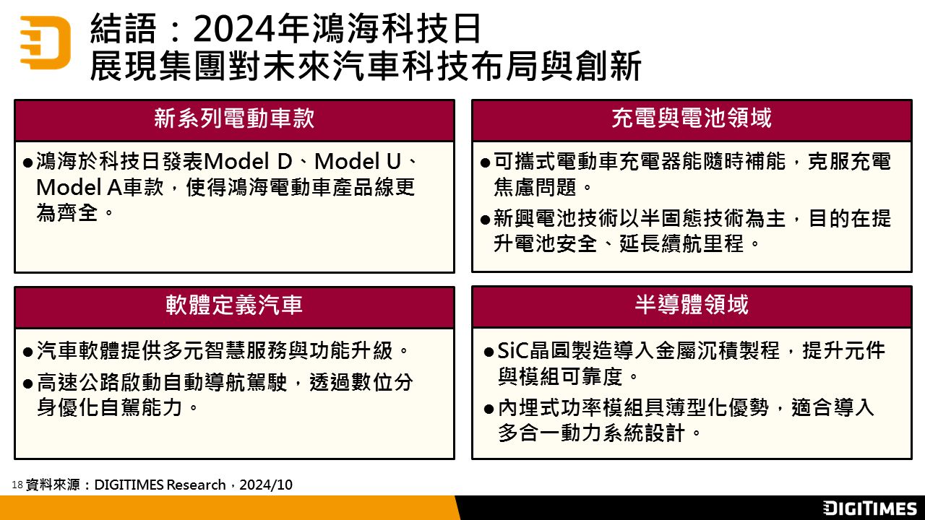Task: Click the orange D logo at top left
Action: (x=46, y=42)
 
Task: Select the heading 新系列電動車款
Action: (x=234, y=118)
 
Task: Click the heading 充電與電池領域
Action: (x=692, y=118)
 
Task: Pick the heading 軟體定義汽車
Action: (x=234, y=305)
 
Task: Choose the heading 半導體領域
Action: (x=692, y=305)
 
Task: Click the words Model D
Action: (x=248, y=161)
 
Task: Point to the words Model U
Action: (x=358, y=161)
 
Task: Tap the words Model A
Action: (x=79, y=188)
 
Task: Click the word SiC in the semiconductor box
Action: (x=513, y=351)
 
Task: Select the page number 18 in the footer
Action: (x=17, y=485)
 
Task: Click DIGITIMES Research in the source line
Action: (x=160, y=485)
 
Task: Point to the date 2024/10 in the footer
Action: (x=266, y=485)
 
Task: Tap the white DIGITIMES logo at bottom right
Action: (x=869, y=508)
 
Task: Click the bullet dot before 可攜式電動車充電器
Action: (x=485, y=162)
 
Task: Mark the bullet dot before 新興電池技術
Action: (x=485, y=220)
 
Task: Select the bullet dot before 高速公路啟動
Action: (x=28, y=384)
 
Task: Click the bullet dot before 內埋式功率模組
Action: (x=489, y=409)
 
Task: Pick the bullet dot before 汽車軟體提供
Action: (x=28, y=352)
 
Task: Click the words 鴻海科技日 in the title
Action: (x=396, y=29)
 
